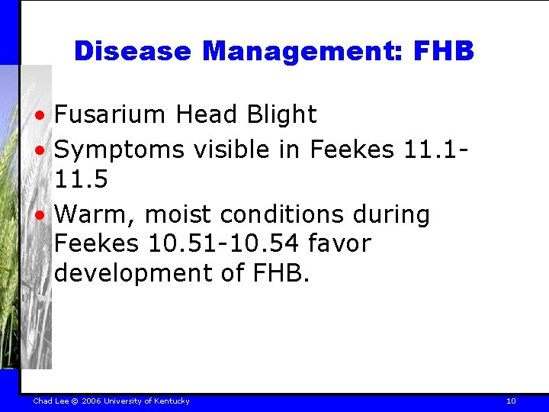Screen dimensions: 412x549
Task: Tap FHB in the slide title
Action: [x=443, y=51]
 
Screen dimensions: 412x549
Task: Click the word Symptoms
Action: [x=119, y=150]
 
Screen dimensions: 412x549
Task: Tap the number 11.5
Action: [x=80, y=180]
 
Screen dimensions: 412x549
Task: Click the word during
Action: [x=393, y=214]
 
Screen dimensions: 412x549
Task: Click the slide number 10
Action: [x=511, y=401]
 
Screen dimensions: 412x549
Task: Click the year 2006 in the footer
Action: [x=91, y=401]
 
